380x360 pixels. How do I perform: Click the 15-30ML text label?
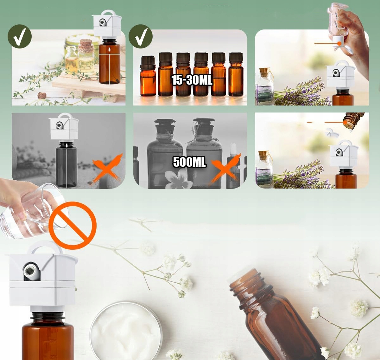pos(192,80)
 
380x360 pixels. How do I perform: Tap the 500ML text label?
pos(189,162)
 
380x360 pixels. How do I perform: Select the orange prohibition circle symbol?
pos(73,225)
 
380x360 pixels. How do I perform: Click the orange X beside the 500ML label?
pos(226,168)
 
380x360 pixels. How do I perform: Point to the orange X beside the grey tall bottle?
pos(107,168)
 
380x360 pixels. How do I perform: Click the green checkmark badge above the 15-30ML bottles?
pos(141,36)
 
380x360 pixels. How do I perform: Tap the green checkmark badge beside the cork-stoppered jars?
pos(20,36)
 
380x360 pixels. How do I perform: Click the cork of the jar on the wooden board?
pos(85,44)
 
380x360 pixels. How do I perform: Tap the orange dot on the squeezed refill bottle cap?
pos(339,43)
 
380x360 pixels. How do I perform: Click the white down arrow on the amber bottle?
pos(109,50)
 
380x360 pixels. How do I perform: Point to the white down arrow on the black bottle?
pos(66,146)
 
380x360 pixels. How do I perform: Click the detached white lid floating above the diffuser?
pos(332,133)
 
